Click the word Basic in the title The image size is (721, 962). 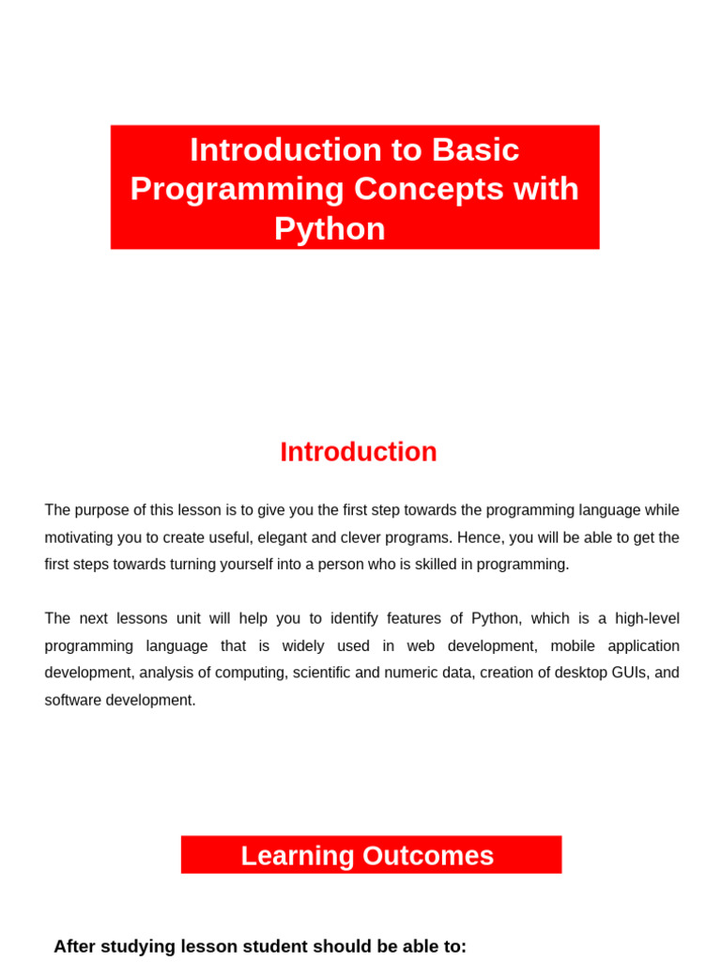(476, 150)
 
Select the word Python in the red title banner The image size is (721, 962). (330, 229)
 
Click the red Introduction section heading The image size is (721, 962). (359, 452)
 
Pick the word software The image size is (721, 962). (73, 700)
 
